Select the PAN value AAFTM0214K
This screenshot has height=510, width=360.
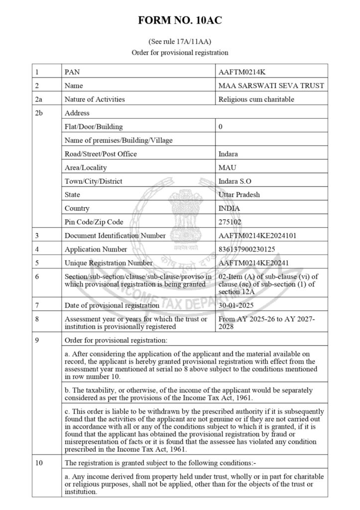click(239, 72)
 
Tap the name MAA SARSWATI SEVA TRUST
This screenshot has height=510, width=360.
click(271, 86)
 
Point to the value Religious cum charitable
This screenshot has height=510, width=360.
click(256, 99)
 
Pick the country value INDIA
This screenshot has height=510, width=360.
click(230, 208)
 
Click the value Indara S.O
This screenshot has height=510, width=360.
click(236, 181)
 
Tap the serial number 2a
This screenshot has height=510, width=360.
click(40, 99)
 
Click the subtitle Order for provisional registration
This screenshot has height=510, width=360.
click(180, 52)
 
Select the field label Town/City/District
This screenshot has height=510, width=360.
click(94, 181)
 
